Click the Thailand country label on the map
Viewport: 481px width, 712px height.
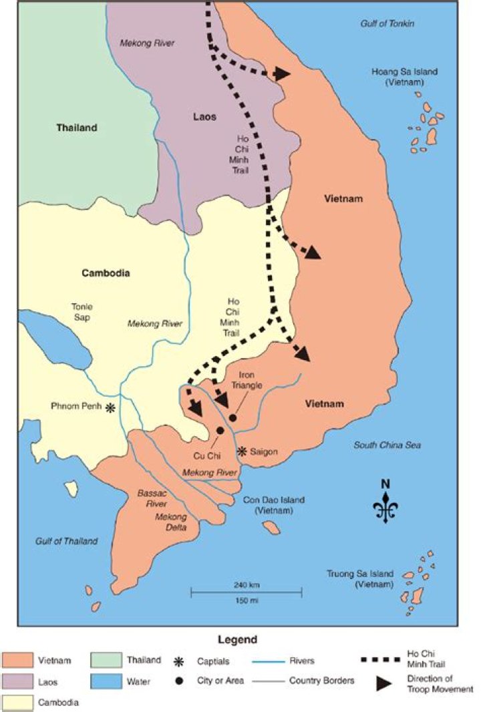click(77, 128)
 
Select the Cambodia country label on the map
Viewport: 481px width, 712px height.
click(106, 273)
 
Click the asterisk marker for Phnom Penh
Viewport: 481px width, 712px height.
click(110, 407)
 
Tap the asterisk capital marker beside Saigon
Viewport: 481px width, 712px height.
click(243, 452)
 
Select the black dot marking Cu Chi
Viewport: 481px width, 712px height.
click(219, 431)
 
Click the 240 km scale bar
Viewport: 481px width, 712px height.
click(247, 591)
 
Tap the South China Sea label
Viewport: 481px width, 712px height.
click(387, 445)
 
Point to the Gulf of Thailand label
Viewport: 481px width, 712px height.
click(67, 541)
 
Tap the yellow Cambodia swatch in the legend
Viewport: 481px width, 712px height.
click(19, 703)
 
